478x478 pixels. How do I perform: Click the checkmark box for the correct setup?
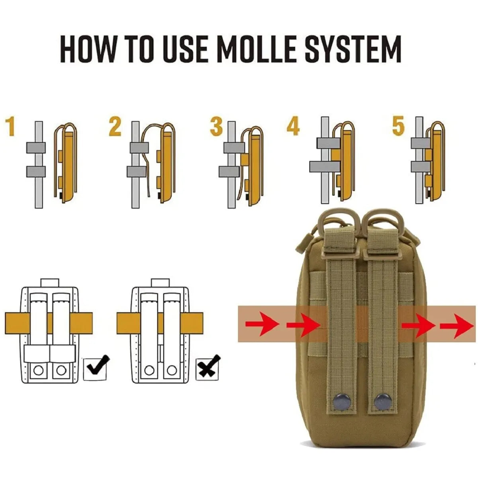96,368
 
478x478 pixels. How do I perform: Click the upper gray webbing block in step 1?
36,147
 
